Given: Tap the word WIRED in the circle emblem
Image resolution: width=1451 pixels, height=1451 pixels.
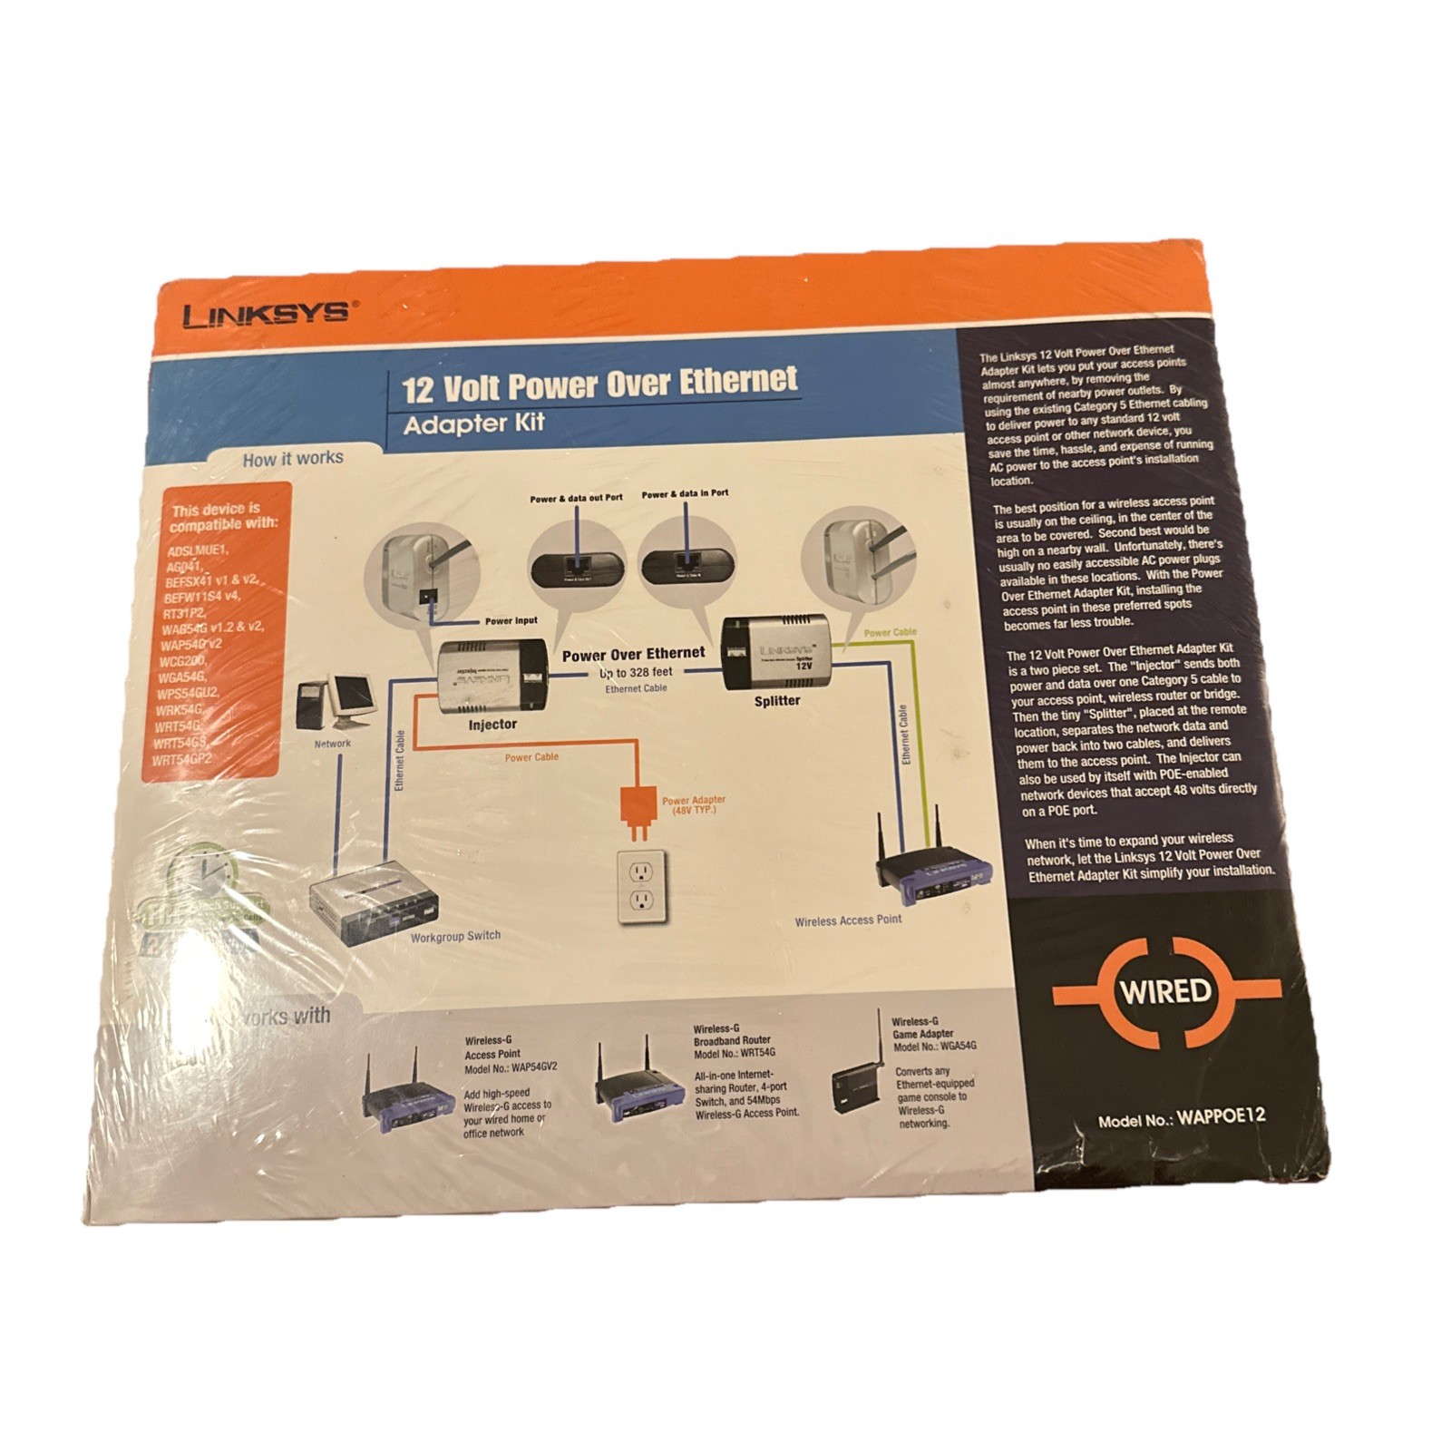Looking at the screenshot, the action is coord(1165,989).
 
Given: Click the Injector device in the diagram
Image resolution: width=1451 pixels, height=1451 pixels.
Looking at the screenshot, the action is coord(491,677).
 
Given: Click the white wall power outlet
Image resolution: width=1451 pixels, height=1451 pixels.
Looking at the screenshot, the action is coord(641,886).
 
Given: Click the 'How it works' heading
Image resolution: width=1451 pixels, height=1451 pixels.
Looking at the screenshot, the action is coord(293,459).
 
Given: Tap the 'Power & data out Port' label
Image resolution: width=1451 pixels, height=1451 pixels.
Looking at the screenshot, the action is coord(576,498).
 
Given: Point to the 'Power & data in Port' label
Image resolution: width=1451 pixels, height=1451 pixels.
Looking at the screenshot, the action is coord(685,493).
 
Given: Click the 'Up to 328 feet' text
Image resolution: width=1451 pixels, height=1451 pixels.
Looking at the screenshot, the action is coord(637,673).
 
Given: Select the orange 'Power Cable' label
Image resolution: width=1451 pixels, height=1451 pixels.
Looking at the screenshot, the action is coord(531,756).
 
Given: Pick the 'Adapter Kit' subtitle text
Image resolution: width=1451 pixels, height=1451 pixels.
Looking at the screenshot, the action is coord(473,424).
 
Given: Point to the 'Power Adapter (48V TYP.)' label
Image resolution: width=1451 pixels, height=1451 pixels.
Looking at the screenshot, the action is coord(694,804).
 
